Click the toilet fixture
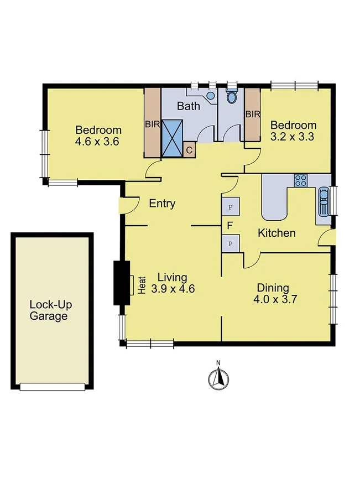[x=232, y=96]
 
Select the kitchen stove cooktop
[x=300, y=180]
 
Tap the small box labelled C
[x=189, y=149]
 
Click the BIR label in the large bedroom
[x=152, y=124]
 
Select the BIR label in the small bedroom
[x=253, y=115]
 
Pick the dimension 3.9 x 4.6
[x=172, y=288]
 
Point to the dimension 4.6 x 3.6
[x=98, y=141]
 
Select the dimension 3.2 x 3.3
[x=293, y=136]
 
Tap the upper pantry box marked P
[x=230, y=207]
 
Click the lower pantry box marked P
[x=230, y=243]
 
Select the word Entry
[x=163, y=204]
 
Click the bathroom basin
[x=211, y=96]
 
